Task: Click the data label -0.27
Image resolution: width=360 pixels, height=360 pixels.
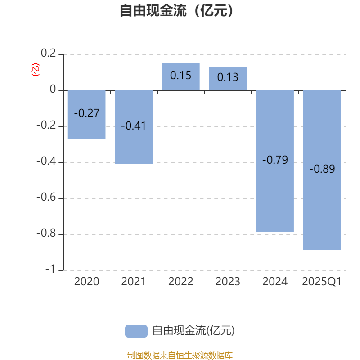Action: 86,113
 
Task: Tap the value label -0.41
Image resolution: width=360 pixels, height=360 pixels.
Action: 134,126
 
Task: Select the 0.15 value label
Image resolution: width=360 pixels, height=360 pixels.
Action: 181,76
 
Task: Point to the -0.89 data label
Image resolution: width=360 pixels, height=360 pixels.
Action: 322,169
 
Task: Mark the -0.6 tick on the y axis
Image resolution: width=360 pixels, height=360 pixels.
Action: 46,198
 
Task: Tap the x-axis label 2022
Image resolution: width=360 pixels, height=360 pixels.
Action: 181,282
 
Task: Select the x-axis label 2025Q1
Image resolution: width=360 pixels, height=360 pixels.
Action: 322,282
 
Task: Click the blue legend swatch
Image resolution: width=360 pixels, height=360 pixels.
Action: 136,331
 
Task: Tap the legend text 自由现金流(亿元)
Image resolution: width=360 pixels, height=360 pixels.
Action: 193,331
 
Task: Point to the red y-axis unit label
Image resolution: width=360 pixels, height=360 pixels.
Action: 36,70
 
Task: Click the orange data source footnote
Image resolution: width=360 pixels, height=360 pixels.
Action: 180,355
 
